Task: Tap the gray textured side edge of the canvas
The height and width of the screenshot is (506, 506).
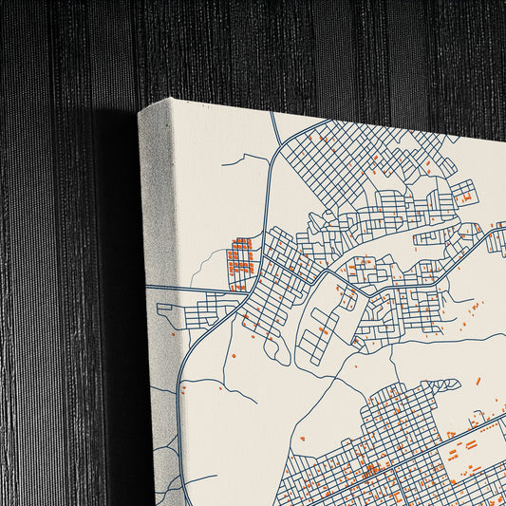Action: [x=158, y=304]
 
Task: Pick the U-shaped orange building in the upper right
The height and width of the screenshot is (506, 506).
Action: [x=464, y=197]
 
